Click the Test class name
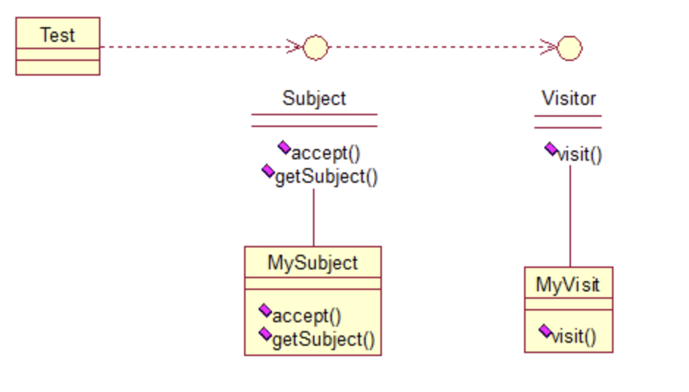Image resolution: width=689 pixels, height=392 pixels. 57,35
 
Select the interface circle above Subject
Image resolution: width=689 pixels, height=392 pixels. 315,48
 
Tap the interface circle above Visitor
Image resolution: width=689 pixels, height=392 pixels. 570,48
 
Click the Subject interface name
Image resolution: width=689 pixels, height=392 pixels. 314,98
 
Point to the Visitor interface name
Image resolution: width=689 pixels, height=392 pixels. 569,98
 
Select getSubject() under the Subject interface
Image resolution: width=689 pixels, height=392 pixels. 326,177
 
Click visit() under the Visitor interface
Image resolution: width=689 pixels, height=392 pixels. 580,155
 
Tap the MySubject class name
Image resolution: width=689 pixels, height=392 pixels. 312,263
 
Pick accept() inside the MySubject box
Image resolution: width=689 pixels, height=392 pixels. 306,316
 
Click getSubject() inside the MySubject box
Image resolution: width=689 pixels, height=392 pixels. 323,339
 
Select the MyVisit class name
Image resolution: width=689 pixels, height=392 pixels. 568,283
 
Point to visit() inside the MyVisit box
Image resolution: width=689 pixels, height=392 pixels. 573,336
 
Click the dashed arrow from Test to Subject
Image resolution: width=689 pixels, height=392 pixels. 198,47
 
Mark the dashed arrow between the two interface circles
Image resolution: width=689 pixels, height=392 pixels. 440,48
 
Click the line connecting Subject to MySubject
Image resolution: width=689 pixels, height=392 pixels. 314,217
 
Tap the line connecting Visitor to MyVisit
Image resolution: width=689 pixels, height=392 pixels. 570,217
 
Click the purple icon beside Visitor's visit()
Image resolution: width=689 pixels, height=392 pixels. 551,150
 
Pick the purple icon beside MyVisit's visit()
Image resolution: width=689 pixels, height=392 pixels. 545,331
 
